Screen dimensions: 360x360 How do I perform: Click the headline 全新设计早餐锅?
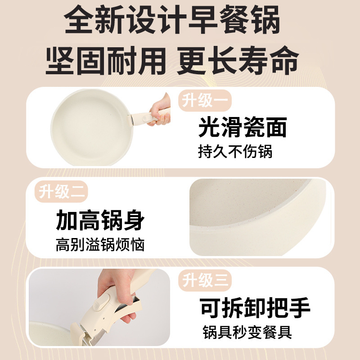point(172,20)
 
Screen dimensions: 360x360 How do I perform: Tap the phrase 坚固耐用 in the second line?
point(106,61)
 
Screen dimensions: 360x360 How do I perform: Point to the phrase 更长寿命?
point(238,61)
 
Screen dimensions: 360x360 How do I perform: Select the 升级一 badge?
point(205,100)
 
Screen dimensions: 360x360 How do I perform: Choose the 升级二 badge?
point(61,192)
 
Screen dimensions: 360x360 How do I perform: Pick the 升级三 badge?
point(205,280)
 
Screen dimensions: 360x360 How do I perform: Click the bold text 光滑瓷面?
point(243,127)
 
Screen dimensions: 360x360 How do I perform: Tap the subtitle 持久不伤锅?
point(235,152)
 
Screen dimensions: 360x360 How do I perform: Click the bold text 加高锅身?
point(100,220)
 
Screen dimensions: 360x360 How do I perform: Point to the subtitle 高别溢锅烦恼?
point(100,245)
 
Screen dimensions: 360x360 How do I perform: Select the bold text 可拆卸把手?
point(255,308)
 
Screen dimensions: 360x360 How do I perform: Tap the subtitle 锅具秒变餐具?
point(247,332)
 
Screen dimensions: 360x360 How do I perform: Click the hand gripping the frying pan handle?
point(160,110)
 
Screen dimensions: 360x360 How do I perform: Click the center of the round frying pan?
point(92,127)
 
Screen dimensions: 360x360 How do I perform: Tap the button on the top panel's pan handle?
point(146,119)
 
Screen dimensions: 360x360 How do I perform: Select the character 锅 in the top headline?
point(265,20)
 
